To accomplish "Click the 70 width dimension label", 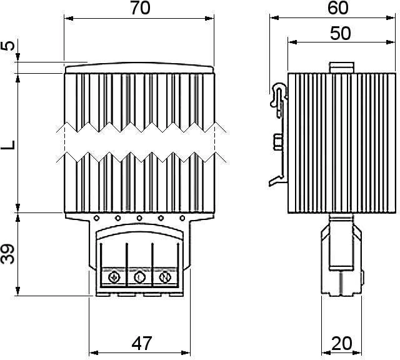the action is pyautogui.click(x=141, y=8).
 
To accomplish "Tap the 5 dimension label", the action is pyautogui.click(x=7, y=46).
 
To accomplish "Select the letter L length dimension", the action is pyautogui.click(x=8, y=145).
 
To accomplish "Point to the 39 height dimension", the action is pyautogui.click(x=7, y=254).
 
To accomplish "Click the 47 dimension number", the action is pyautogui.click(x=142, y=343).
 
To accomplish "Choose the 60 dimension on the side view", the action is pyautogui.click(x=337, y=7).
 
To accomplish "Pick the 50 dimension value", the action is pyautogui.click(x=340, y=33).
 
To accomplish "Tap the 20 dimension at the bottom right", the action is pyautogui.click(x=342, y=343).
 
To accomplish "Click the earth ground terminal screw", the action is pyautogui.click(x=114, y=277).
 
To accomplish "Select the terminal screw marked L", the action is pyautogui.click(x=139, y=277).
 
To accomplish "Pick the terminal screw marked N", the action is pyautogui.click(x=165, y=277).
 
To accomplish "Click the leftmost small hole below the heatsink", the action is pyautogui.click(x=96, y=218).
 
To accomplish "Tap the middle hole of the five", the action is pyautogui.click(x=139, y=218).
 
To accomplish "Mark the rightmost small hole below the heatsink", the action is pyautogui.click(x=182, y=218).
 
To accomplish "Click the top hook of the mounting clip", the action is pyautogui.click(x=278, y=94).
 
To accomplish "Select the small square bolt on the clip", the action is pyautogui.click(x=278, y=142).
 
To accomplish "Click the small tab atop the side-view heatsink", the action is pyautogui.click(x=342, y=67).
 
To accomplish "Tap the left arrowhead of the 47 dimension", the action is pyautogui.click(x=93, y=353).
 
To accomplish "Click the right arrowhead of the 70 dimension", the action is pyautogui.click(x=210, y=18).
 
